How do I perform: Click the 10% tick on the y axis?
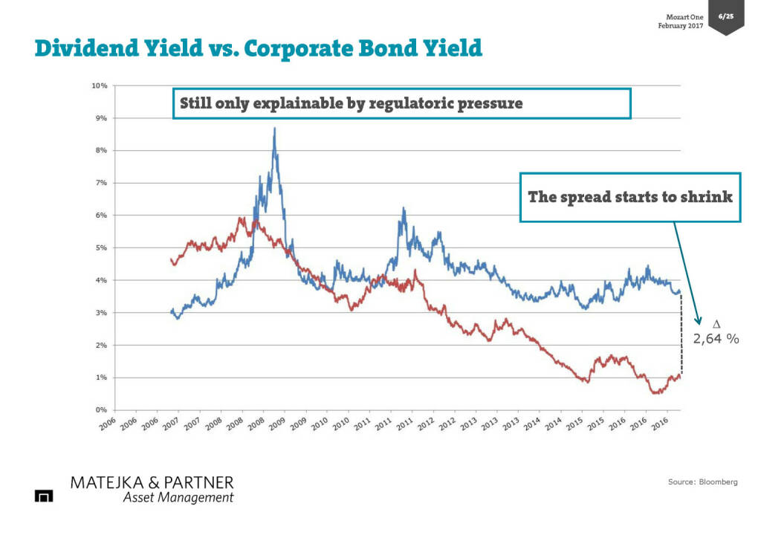(100, 85)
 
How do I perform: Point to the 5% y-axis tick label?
(101, 247)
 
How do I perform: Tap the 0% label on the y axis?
(101, 410)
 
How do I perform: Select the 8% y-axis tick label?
(101, 150)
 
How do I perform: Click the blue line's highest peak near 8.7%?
(274, 129)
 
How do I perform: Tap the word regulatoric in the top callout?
(391, 103)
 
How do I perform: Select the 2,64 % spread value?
(716, 339)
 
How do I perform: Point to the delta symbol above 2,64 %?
(716, 325)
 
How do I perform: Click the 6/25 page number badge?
(726, 16)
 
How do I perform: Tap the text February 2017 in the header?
(680, 26)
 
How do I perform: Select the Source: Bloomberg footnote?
(702, 482)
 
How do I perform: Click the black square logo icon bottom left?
(45, 496)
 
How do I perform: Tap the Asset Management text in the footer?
(178, 498)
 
